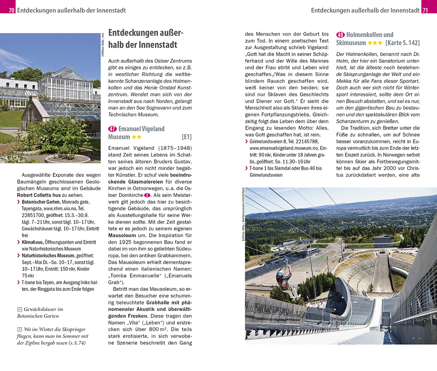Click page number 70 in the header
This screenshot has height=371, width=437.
11,10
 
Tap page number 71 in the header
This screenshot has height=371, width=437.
425,10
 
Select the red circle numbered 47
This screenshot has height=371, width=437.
112,129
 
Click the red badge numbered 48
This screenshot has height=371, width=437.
340,35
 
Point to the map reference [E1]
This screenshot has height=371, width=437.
187,137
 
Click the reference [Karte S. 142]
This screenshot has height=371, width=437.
403,43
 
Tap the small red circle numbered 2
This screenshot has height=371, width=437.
147,195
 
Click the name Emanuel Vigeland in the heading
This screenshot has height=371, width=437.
141,129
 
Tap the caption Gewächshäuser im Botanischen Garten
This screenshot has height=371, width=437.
40,312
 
